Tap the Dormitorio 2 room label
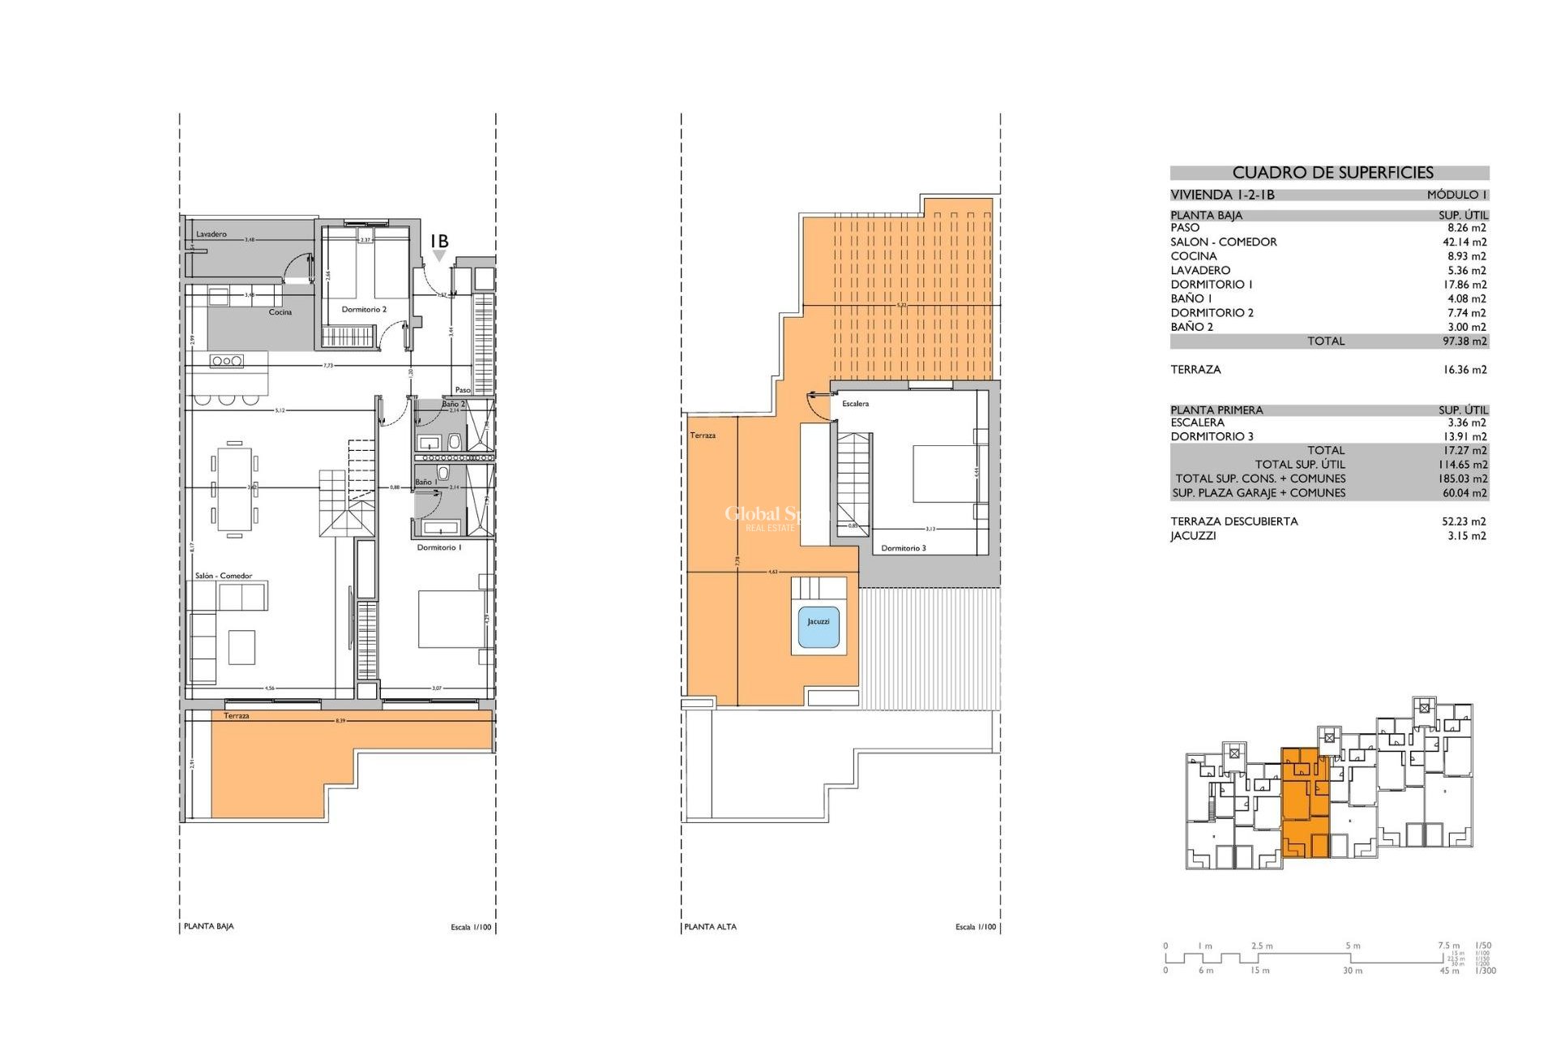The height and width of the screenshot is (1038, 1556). (x=364, y=310)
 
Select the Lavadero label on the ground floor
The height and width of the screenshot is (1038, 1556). (x=211, y=234)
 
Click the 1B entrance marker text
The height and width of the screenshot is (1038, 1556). (x=438, y=242)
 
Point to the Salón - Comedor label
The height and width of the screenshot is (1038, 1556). (x=223, y=576)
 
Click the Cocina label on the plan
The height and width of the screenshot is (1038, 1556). (x=280, y=312)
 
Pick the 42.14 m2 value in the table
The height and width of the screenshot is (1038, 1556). (x=1464, y=242)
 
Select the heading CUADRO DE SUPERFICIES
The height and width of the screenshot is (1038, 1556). (x=1332, y=173)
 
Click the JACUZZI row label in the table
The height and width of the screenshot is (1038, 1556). (x=1193, y=536)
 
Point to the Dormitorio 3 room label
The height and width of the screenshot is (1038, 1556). (x=904, y=548)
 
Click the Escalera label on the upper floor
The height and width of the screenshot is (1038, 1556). (x=855, y=404)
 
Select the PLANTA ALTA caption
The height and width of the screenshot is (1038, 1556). (x=710, y=926)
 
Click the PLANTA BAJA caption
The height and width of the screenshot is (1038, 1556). (x=209, y=926)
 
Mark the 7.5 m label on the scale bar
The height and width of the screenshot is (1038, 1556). (x=1448, y=946)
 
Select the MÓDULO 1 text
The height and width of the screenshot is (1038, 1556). (x=1456, y=195)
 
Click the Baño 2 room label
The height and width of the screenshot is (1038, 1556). (x=453, y=404)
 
